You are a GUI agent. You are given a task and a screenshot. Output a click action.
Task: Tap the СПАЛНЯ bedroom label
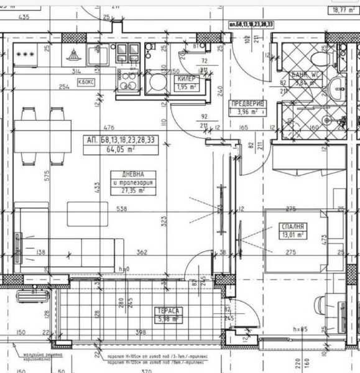pos(292,228)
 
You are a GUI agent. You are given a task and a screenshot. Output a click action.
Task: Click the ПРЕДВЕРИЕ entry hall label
pos(247,104)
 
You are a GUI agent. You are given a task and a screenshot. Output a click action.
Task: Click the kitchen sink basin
pos(97,57)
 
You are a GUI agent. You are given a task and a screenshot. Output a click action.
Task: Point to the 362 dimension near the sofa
pos(142,252)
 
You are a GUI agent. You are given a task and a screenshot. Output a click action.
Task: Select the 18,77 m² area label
pos(341,10)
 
